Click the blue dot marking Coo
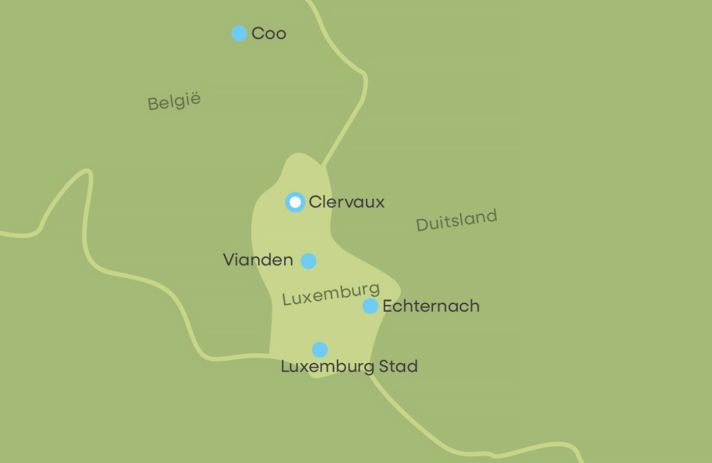[x=239, y=34]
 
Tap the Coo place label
[x=269, y=34]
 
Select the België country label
[x=174, y=101]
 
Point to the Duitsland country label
[x=456, y=220]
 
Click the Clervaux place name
[x=346, y=202]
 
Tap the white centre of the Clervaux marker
[x=295, y=202]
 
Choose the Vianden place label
[x=258, y=260]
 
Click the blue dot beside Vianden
[x=308, y=261]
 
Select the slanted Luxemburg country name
[x=331, y=294]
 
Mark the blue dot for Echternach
[x=370, y=306]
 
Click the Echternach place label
[x=431, y=306]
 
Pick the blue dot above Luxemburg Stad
[x=320, y=350]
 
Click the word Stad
[x=398, y=366]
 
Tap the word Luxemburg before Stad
[x=328, y=367]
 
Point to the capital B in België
[x=153, y=104]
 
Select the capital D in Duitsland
[x=422, y=224]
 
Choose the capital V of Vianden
[x=228, y=260]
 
